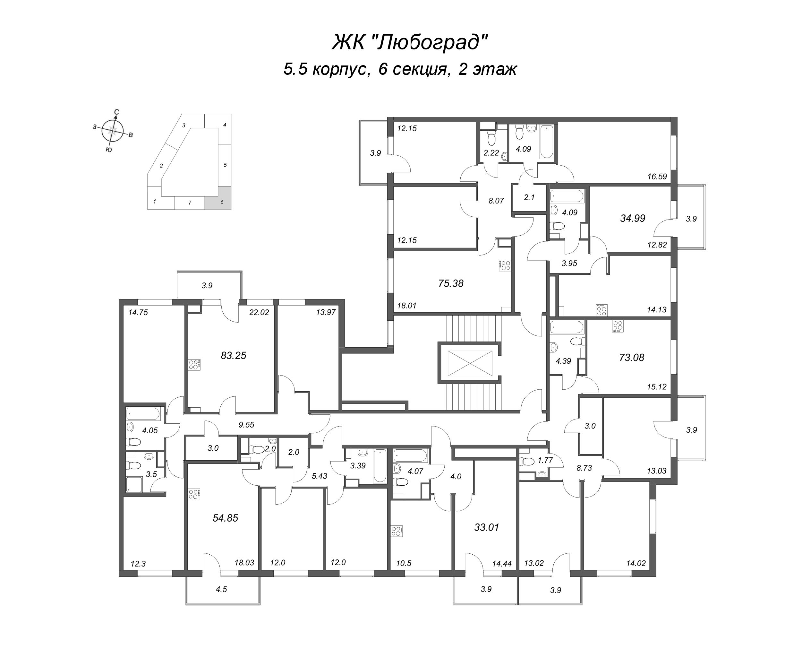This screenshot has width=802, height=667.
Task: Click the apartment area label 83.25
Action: [233, 356]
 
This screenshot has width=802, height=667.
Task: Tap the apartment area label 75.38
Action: [451, 283]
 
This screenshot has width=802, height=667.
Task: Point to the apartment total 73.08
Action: [631, 358]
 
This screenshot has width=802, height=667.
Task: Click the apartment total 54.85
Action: [225, 518]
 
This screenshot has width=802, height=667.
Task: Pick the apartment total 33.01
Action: [487, 527]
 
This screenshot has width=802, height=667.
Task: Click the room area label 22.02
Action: [259, 313]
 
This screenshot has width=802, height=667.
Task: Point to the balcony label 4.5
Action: [221, 589]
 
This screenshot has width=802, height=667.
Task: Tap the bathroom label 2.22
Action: [491, 153]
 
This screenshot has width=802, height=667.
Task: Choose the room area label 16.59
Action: [657, 177]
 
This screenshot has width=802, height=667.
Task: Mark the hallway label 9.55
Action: [246, 424]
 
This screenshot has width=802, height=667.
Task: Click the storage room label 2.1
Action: [529, 197]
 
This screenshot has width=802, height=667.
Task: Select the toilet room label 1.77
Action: [545, 460]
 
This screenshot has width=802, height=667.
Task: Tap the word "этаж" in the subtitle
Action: [495, 70]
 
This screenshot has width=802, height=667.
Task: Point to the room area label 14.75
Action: [138, 313]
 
